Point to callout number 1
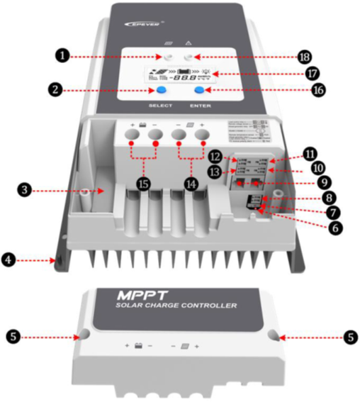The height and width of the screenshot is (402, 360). [63, 55]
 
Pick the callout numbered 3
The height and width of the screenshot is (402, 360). [26, 190]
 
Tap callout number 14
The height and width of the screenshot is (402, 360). [191, 184]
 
